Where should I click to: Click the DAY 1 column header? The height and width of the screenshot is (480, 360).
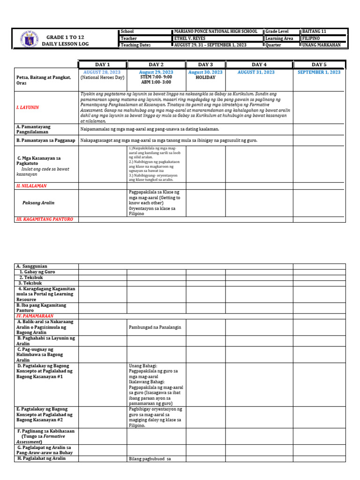tap(102, 64)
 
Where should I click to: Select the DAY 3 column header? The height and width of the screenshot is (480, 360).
tap(205, 64)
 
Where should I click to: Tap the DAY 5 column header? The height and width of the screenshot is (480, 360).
tap(319, 64)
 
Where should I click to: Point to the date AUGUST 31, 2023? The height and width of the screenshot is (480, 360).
tap(256, 72)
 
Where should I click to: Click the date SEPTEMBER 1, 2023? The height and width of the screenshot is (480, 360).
tap(319, 72)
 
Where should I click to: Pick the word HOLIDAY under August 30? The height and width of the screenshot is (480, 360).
tap(205, 78)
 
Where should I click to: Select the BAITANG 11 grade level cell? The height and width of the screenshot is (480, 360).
tap(314, 31)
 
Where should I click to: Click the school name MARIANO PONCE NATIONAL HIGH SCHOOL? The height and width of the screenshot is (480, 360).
tap(216, 31)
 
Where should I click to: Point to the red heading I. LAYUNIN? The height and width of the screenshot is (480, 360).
tap(28, 107)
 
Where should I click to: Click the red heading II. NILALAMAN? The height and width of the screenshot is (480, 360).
tap(31, 186)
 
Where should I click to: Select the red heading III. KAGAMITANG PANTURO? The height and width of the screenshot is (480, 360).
tap(45, 219)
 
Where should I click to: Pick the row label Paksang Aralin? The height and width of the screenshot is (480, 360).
tap(38, 202)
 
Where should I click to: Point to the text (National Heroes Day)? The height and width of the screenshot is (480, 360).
tap(102, 78)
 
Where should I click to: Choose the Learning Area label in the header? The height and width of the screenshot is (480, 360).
tap(279, 38)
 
